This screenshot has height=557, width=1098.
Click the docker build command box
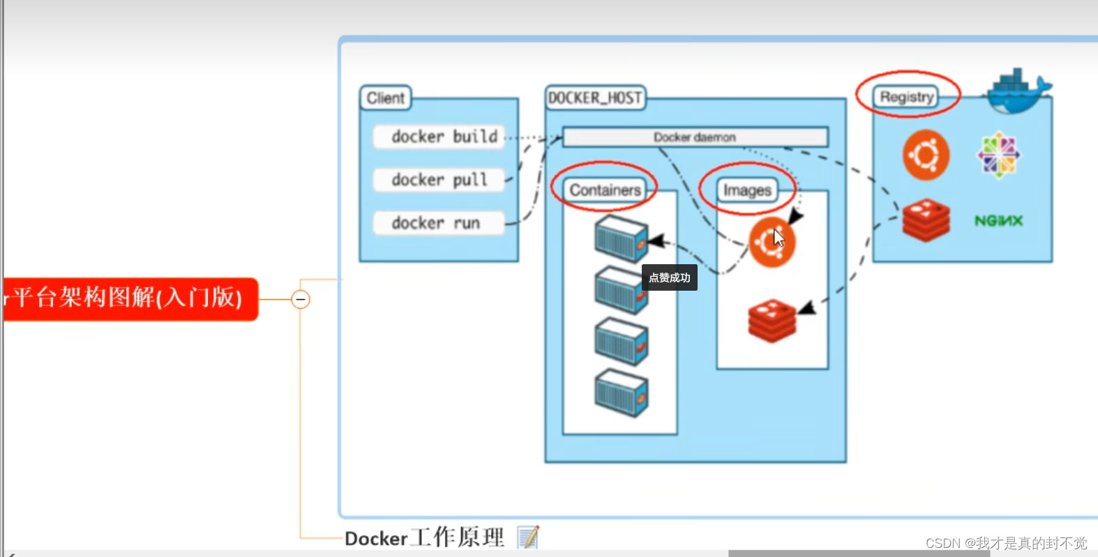point(437,137)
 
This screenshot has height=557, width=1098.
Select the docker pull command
point(437,180)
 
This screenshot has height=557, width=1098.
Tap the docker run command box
point(437,223)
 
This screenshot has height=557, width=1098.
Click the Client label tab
point(385,98)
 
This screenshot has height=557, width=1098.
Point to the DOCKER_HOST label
point(595,98)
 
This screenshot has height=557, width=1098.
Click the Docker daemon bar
point(695,137)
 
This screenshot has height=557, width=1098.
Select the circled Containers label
point(605,190)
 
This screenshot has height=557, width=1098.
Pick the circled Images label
point(747,190)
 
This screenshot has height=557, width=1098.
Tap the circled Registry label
point(907,97)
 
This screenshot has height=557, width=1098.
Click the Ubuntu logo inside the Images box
point(771,242)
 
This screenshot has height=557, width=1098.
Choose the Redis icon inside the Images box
point(772,320)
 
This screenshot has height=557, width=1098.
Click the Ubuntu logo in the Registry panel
point(926,155)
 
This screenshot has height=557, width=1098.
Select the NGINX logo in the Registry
point(998,221)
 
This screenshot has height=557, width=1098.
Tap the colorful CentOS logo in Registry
point(998,155)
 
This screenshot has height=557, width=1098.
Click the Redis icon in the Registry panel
point(926,220)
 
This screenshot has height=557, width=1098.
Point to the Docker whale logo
point(1018,91)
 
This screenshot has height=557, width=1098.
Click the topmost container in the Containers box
point(621,237)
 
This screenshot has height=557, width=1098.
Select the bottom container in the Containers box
point(621,393)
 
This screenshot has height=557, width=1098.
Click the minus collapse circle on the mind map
point(301,300)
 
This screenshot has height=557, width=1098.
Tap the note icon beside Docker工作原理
point(528,537)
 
